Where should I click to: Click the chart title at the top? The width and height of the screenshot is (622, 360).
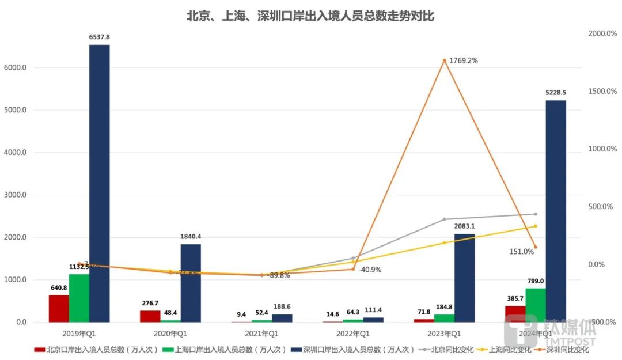[310, 16]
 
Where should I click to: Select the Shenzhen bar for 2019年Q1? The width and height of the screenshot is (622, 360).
[99, 183]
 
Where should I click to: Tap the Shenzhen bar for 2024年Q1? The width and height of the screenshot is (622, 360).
[556, 211]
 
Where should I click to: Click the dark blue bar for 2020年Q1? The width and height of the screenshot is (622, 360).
[191, 283]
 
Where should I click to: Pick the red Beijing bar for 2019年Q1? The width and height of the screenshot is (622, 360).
[59, 308]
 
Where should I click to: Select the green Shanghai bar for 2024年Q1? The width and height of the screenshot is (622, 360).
[535, 305]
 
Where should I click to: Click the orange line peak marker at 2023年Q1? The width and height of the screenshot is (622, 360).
[444, 60]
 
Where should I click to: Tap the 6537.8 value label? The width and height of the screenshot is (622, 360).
[99, 37]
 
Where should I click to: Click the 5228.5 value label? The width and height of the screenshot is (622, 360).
[556, 92]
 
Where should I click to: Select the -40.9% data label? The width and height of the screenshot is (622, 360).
[369, 269]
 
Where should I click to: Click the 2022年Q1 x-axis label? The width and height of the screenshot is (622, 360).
[352, 334]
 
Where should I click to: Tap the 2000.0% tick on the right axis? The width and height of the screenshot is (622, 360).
[602, 33]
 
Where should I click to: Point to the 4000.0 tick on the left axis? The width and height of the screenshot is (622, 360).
[15, 153]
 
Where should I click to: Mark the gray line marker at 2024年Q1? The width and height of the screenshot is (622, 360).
[535, 214]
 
